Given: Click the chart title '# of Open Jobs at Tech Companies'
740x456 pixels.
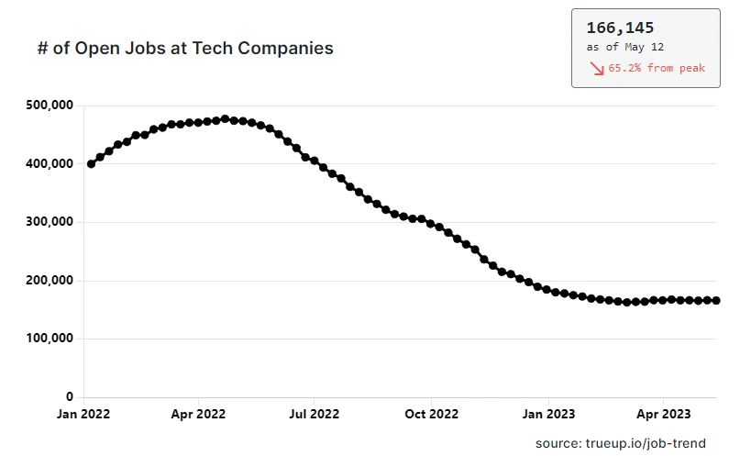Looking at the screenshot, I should [184, 49].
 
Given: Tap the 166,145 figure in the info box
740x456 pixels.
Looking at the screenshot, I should [620, 28].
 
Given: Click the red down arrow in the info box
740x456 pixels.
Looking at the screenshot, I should [596, 69].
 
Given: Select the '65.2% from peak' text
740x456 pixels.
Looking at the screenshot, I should [657, 69].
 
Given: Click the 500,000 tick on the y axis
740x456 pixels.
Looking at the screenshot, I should [48, 106].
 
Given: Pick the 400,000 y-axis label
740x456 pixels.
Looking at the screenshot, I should [48, 164].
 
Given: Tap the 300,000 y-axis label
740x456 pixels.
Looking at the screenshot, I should [48, 222].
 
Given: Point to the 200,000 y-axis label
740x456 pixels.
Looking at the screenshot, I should [48, 281].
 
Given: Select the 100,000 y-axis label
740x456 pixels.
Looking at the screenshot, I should [48, 339].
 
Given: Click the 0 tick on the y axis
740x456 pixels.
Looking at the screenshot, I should [70, 397].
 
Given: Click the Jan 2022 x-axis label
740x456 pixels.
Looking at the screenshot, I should [83, 414].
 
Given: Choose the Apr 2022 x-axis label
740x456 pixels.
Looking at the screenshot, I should [198, 414].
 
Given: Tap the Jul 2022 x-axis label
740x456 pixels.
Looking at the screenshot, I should [313, 414].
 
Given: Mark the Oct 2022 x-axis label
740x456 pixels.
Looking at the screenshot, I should [430, 414].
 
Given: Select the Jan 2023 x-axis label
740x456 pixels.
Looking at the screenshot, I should [547, 414].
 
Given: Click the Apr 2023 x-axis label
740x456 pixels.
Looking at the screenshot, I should [663, 414].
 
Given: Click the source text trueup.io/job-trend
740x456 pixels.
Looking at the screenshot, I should [621, 443].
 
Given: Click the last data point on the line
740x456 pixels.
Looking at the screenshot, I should [715, 300].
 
